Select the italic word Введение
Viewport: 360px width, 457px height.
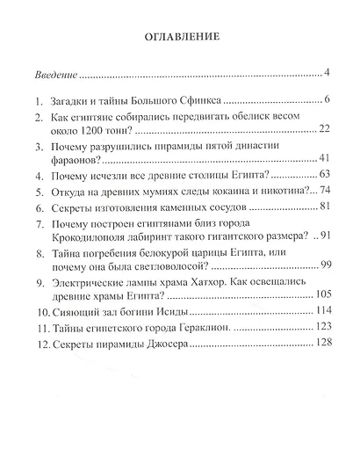pos(54,71)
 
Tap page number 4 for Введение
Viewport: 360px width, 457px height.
pos(325,71)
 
